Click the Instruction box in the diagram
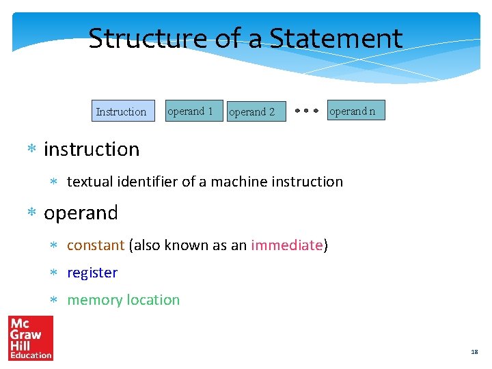pyautogui.click(x=121, y=111)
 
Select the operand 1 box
pyautogui.click(x=195, y=111)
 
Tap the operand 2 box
pyautogui.click(x=255, y=111)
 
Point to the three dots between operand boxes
pyautogui.click(x=307, y=110)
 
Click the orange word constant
pyautogui.click(x=96, y=245)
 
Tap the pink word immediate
pyautogui.click(x=286, y=245)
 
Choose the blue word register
pyautogui.click(x=92, y=273)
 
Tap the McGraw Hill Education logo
pyautogui.click(x=30, y=338)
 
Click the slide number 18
pyautogui.click(x=474, y=352)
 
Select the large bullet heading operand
pyautogui.click(x=81, y=213)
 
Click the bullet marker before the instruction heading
pyautogui.click(x=31, y=150)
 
